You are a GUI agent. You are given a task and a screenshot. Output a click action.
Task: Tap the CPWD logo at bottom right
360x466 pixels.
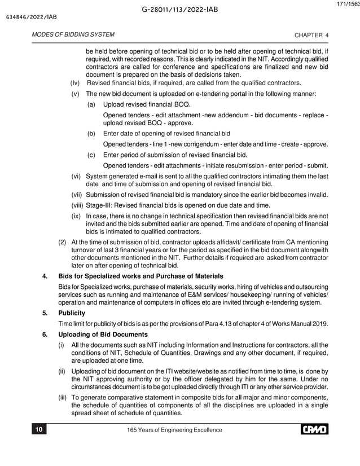(x=314, y=430)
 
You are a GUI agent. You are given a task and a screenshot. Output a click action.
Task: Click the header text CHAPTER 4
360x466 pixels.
(x=311, y=35)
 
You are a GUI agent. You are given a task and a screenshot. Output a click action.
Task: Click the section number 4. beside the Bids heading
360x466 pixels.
(x=45, y=276)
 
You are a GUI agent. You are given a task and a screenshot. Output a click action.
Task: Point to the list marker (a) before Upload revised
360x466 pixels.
(x=91, y=104)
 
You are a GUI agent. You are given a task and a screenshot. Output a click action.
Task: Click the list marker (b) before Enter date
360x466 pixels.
(x=91, y=134)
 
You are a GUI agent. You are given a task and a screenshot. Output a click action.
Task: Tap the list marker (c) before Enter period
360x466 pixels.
(x=91, y=155)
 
